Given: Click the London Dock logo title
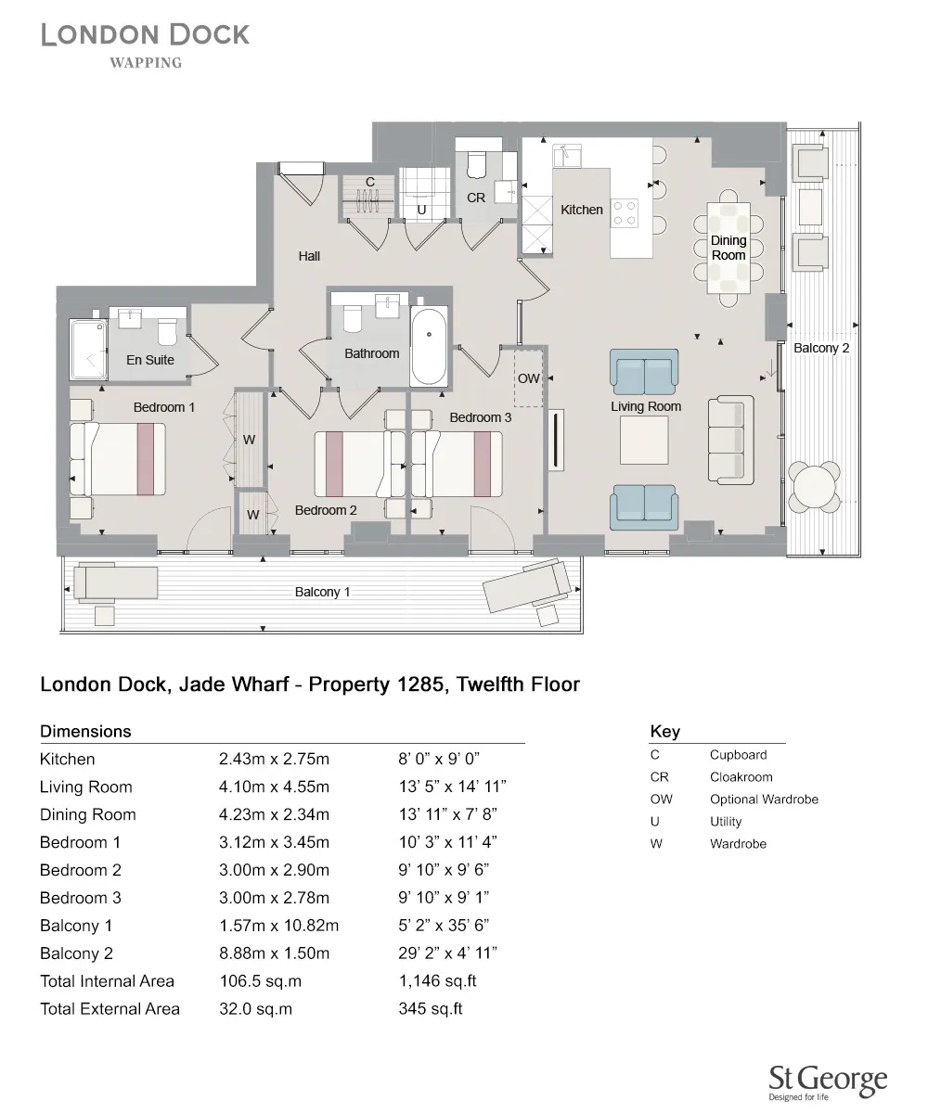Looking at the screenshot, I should pos(146,35).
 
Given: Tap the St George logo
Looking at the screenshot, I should pos(828,1081).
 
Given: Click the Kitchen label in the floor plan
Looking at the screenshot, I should pos(582,210).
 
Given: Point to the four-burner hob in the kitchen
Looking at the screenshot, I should pos(625,213).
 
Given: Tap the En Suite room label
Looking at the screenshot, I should pos(150,360).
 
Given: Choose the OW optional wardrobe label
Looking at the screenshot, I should pos(528,378).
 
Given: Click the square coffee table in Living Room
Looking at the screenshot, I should pos(644,441).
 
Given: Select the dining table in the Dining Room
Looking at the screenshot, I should pos(728,247).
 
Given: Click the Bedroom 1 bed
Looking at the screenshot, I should pos(119,458).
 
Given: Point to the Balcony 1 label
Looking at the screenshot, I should pos(322,592).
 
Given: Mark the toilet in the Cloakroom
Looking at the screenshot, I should pos(476,163).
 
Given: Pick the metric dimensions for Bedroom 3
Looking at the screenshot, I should pos(274,898).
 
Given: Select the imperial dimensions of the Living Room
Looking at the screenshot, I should pos(452,787).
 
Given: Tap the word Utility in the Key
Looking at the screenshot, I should pos(726,822).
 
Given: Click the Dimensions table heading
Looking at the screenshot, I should pos(85,731).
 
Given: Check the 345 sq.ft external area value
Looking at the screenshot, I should pos(430,1009).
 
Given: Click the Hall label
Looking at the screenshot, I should pos(309,256).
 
